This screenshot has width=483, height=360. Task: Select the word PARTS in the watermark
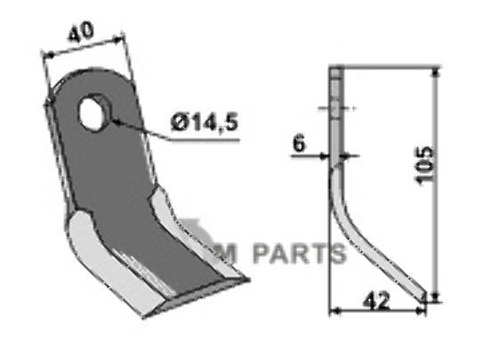click(298, 254)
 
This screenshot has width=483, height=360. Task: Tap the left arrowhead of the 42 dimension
click(334, 310)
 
